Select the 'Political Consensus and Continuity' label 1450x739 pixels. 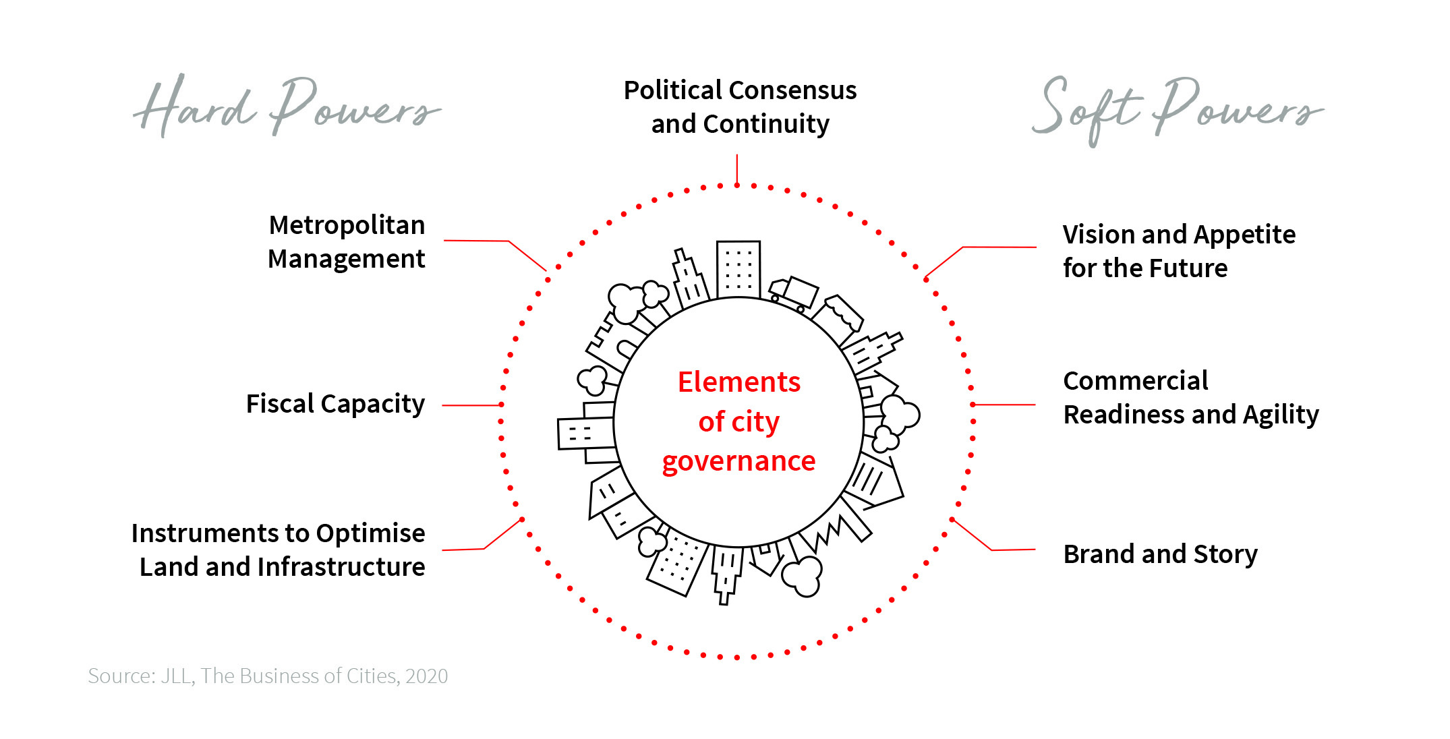(740, 107)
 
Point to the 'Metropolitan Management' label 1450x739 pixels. (347, 242)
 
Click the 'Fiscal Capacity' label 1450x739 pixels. (335, 404)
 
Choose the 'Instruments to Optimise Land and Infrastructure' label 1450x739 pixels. (279, 550)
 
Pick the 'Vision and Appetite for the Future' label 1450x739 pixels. (1178, 251)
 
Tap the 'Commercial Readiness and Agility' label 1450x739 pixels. (1190, 398)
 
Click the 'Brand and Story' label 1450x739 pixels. (1160, 554)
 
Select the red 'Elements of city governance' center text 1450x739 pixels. (739, 421)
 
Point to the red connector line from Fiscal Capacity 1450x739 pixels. (471, 405)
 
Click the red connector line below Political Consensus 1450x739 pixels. (737, 169)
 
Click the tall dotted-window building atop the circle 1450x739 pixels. (738, 269)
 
